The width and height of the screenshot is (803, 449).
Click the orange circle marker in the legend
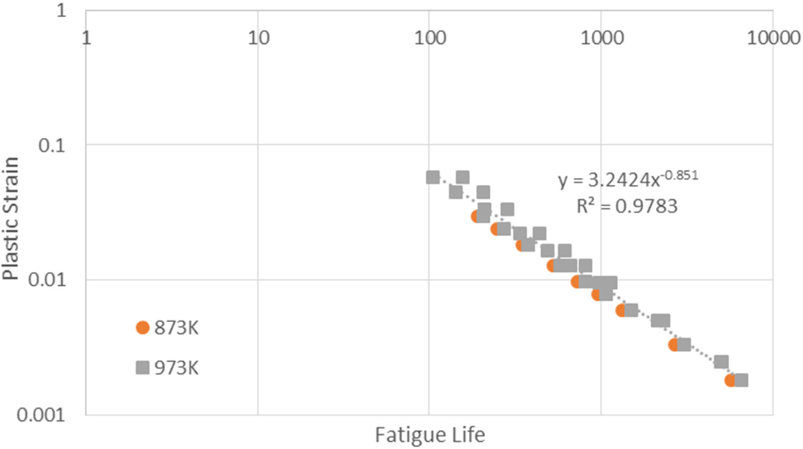[x=142, y=328]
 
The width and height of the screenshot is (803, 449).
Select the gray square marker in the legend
[x=142, y=368]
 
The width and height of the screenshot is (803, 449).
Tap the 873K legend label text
[x=177, y=328]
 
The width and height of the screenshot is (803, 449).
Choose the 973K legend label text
[x=177, y=368]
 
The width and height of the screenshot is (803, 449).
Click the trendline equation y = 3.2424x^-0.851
[x=627, y=180]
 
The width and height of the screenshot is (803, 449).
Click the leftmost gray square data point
[x=433, y=177]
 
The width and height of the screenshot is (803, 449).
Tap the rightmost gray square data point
[x=741, y=380]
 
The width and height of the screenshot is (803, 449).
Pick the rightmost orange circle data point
[x=731, y=380]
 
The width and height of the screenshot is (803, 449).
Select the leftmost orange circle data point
[x=477, y=216]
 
